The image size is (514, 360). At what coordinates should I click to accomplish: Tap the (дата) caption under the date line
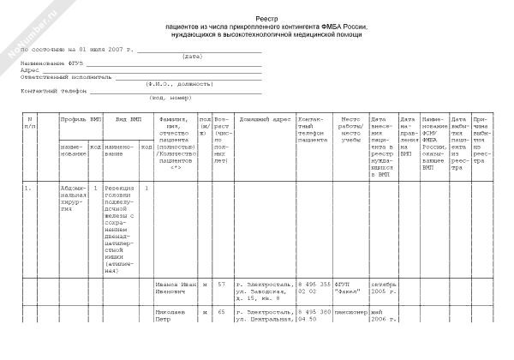[192, 57]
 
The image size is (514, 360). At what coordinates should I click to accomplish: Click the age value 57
[221, 284]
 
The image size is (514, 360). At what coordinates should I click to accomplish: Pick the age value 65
[221, 313]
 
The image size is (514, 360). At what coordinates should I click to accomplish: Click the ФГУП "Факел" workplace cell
[351, 288]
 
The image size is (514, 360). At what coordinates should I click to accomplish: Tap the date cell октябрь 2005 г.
[383, 288]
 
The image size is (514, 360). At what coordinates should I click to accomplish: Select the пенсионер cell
[352, 313]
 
